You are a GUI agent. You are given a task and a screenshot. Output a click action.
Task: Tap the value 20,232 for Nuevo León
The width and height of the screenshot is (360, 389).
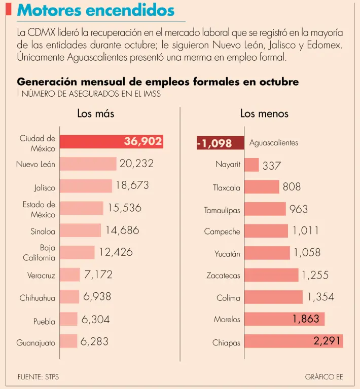[136, 164]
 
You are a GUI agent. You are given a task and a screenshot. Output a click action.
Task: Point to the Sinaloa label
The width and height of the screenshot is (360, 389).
[43, 231]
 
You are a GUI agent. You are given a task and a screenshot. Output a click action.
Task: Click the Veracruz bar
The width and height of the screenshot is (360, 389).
[70, 275]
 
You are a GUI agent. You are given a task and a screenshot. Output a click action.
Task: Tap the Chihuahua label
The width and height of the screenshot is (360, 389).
[38, 298]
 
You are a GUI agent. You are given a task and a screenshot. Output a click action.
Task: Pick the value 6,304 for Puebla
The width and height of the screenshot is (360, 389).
[95, 320]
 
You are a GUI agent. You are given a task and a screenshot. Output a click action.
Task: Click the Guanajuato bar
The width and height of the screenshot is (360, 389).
[68, 342]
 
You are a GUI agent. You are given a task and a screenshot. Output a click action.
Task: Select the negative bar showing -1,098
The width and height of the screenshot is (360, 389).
[214, 143]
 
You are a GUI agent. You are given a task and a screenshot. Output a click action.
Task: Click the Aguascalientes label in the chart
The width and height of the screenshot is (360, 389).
[274, 143]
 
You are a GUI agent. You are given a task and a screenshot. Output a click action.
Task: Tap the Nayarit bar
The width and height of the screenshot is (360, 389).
[251, 165]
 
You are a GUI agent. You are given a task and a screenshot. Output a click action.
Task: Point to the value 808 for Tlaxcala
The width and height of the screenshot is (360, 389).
[292, 187]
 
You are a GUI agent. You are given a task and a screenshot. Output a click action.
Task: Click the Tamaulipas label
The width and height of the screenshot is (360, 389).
[222, 210]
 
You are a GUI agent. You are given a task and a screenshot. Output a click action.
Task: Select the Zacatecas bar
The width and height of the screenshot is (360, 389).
[271, 275]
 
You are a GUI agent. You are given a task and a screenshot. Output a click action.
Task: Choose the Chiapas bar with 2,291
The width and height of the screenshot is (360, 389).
[294, 341]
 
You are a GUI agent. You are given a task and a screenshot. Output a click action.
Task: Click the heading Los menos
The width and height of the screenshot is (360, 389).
[264, 113]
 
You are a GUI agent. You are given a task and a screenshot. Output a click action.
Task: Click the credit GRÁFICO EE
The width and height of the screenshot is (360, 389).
[324, 377]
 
